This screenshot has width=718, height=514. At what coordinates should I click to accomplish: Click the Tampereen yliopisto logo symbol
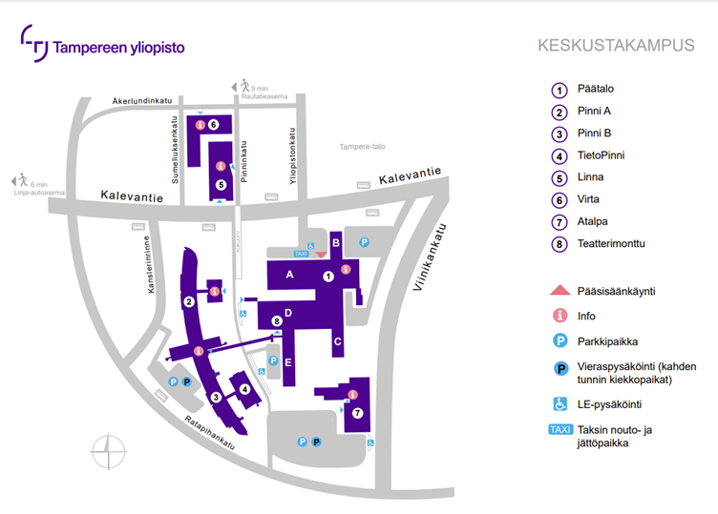coord(35,45)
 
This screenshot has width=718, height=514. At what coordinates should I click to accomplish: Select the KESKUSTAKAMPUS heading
coord(616,47)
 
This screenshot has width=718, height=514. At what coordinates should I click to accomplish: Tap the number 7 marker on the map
coord(358,413)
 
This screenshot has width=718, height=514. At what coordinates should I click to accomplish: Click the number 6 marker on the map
coord(214,125)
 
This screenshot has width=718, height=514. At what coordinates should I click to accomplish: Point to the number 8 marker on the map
coord(277,321)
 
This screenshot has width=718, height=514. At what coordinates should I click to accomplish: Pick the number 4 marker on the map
coord(245,389)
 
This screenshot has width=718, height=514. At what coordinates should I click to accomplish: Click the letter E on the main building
coord(288,361)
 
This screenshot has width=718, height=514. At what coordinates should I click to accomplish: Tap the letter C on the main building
coord(337,340)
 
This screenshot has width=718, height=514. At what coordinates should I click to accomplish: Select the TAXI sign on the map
coord(301,255)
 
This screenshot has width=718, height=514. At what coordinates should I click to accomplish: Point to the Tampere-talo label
coord(362,146)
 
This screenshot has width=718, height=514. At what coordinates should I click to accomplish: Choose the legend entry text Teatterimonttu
coord(612,243)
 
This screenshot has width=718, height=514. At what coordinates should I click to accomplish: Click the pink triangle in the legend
coord(560,290)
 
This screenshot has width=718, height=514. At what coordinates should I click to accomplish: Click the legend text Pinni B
coord(594,133)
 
